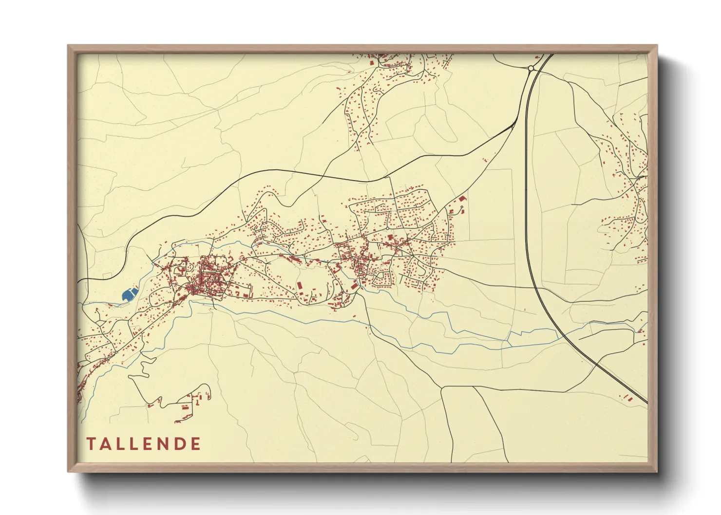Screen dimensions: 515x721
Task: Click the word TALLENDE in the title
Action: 144,444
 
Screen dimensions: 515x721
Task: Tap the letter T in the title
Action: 91,444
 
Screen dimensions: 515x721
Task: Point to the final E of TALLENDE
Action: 196,444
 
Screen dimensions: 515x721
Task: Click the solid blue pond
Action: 129,294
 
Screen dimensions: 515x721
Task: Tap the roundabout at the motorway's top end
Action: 531,69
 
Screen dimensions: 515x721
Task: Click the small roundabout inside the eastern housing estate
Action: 387,228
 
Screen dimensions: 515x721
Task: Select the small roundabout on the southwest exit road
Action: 116,352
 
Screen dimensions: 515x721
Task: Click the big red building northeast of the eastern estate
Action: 461,199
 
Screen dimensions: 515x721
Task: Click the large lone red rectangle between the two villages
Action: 299,285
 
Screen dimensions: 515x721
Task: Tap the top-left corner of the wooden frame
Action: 69,46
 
